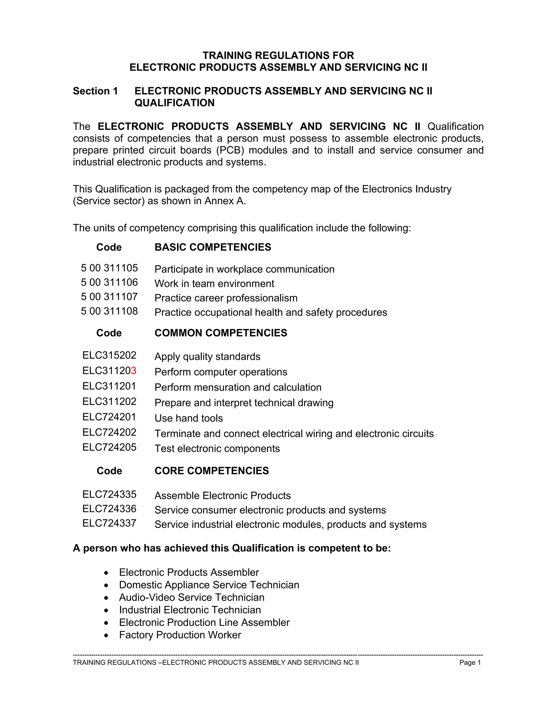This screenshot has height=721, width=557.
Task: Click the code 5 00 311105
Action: (x=109, y=268)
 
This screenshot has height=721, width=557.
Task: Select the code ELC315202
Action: (x=109, y=355)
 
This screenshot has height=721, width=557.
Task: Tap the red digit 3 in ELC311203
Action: (x=134, y=371)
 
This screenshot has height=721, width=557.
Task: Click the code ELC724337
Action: (x=109, y=523)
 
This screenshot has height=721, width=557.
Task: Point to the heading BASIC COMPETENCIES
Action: (x=213, y=247)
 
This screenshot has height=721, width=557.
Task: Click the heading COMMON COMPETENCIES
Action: (x=221, y=333)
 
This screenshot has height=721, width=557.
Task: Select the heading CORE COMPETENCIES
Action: (x=212, y=471)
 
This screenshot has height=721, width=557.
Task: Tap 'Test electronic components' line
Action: (x=217, y=449)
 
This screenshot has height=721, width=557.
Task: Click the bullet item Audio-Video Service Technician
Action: (x=192, y=597)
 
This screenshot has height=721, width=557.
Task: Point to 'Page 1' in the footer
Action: (x=470, y=663)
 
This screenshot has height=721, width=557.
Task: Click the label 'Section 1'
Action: (x=95, y=91)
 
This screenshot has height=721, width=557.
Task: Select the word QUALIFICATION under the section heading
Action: (x=175, y=103)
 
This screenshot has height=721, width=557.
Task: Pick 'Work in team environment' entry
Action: (x=214, y=284)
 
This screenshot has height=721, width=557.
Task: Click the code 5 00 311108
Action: (x=109, y=311)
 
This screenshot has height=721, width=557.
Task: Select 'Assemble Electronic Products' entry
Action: (x=222, y=495)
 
